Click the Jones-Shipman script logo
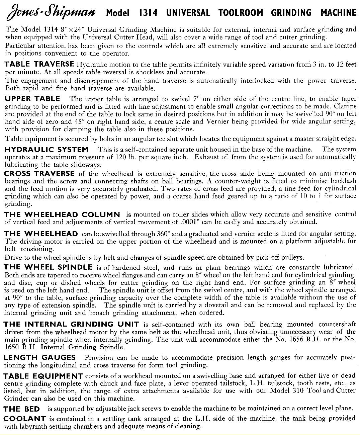click(x=50, y=12)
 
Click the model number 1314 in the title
click(x=148, y=13)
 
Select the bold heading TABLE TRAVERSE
click(x=39, y=64)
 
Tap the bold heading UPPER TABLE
click(x=32, y=98)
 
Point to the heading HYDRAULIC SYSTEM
click(x=47, y=149)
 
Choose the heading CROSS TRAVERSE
click(x=39, y=173)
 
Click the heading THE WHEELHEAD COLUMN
click(x=62, y=214)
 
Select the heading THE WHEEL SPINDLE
click(x=48, y=267)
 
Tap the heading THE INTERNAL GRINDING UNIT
click(x=72, y=324)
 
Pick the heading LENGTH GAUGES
click(x=40, y=357)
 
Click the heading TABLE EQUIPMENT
click(x=43, y=376)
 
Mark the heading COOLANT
click(x=25, y=419)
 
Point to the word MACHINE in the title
click(x=339, y=13)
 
